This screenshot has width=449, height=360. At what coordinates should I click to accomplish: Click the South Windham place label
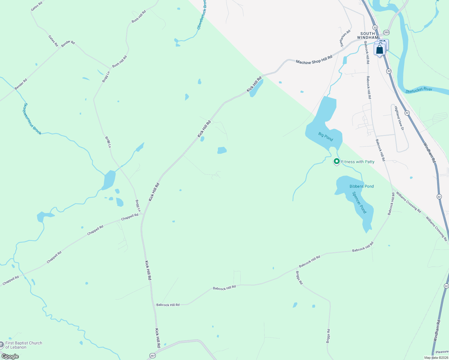[x=368, y=35]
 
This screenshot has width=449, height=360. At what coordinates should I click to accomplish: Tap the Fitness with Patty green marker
[x=337, y=161]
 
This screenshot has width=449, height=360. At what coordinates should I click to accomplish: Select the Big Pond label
[x=326, y=136]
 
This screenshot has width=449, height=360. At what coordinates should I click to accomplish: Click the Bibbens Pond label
[x=362, y=186]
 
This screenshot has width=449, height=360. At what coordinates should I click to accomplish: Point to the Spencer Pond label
[x=359, y=202]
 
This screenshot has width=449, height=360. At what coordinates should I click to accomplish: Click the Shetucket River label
[x=419, y=90]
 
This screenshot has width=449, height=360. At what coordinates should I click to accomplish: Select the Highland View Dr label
[x=399, y=118]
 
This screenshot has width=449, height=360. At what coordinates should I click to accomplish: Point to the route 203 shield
[x=386, y=32]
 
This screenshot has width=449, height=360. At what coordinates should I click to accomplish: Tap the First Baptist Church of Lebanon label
[x=24, y=345]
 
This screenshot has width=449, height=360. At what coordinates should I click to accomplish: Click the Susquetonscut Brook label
[x=32, y=119]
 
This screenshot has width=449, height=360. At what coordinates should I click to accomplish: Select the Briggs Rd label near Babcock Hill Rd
[x=299, y=278]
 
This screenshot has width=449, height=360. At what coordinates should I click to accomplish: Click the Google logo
[x=10, y=356]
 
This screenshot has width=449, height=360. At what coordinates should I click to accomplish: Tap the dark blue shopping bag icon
[x=380, y=49]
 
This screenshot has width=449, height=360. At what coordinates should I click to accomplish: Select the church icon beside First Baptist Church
[x=2, y=345]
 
